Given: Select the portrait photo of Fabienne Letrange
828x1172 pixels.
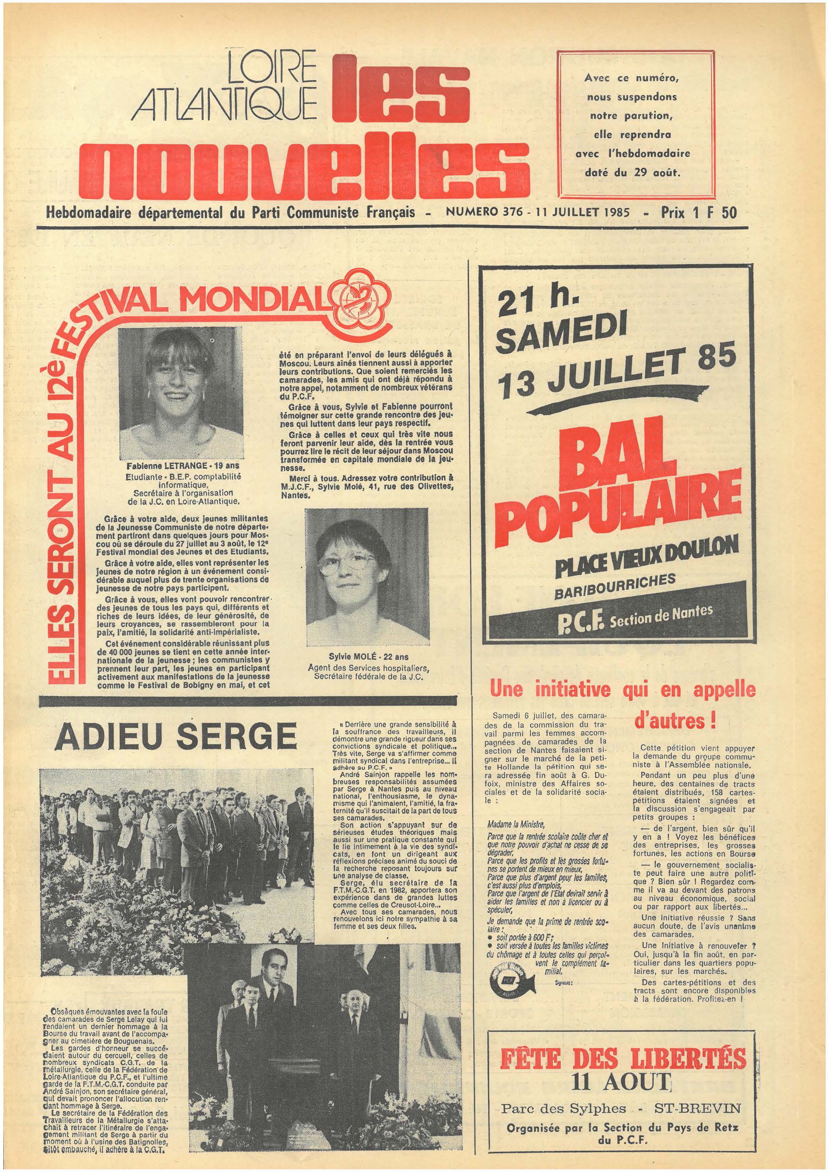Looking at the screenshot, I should tap(180, 394).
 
